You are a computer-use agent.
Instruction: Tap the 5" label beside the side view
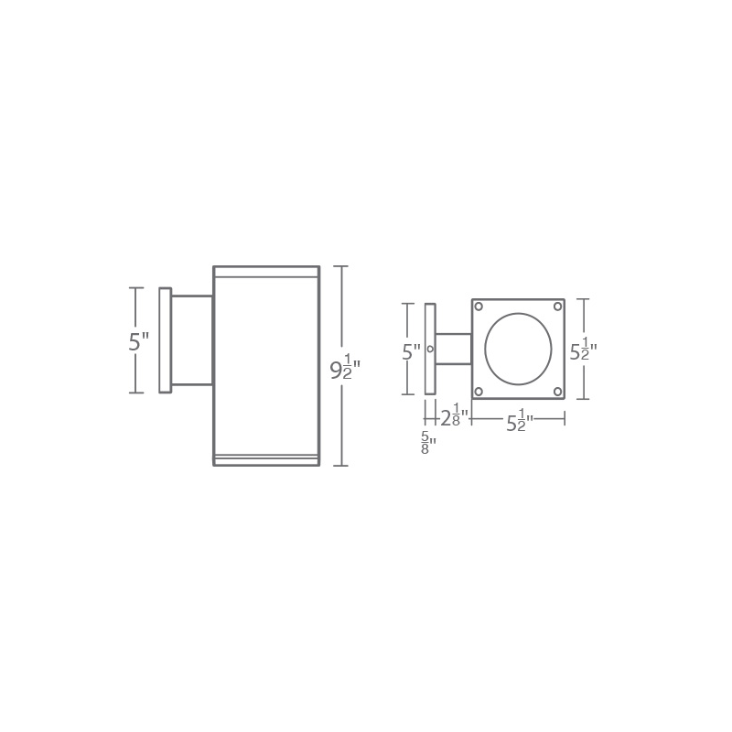[x=139, y=341]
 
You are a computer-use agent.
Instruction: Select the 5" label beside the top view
[x=411, y=351]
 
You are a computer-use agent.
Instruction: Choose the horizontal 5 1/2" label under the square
[x=520, y=420]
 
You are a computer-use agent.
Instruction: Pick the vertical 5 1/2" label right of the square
[x=583, y=350]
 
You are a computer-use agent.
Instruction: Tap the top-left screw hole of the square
[x=479, y=307]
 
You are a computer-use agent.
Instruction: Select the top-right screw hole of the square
[x=557, y=307]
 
